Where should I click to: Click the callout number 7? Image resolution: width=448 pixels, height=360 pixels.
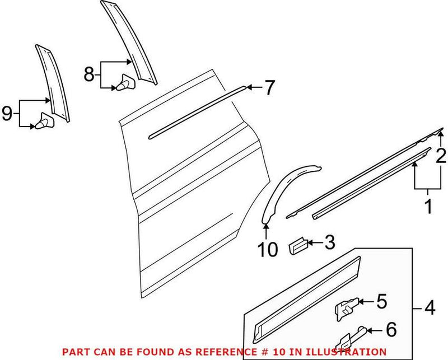pos(269,88)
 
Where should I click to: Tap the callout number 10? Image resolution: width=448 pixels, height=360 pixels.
pos(269,249)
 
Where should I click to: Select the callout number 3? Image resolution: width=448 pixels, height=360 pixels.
pos(330,242)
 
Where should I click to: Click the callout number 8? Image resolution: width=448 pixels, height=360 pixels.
pos(90,74)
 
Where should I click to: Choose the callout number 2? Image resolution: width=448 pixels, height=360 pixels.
pos(441,155)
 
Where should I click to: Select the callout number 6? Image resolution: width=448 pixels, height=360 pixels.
pos(391,330)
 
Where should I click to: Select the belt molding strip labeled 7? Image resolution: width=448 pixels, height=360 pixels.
pos(196,112)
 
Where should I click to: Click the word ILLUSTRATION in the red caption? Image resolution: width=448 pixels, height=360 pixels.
pos(352,352)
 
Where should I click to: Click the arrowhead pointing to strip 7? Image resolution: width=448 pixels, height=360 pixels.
pos(250,87)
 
